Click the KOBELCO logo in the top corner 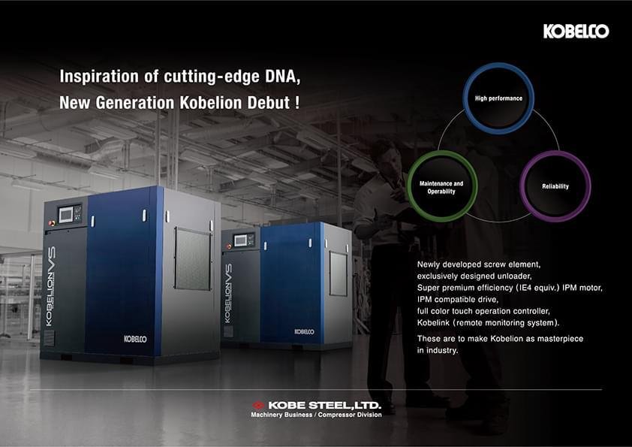click(576, 32)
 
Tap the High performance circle click(498, 67)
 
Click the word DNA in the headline click(282, 76)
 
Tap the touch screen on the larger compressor click(65, 215)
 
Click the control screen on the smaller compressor click(241, 240)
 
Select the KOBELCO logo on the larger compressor click(135, 339)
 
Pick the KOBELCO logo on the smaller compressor click(304, 331)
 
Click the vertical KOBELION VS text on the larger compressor click(50, 286)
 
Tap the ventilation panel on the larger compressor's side click(193, 258)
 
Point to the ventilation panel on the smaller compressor click(339, 273)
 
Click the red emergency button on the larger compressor click(52, 222)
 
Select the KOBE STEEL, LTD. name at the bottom click(324, 405)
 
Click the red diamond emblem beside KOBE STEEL click(258, 405)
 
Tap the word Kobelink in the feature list click(433, 323)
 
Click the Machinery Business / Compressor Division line click(317, 415)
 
